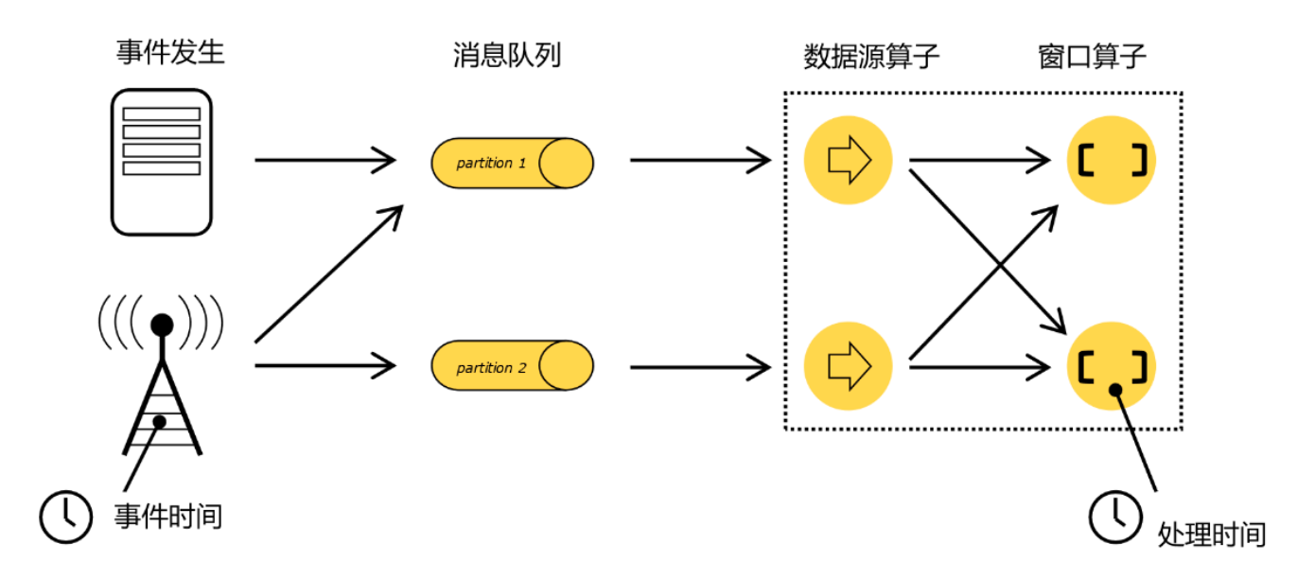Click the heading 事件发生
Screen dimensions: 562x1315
coord(171,53)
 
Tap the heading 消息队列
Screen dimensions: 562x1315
coord(507,55)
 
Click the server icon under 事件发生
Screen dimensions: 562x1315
coord(162,161)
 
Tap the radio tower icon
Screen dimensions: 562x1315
coord(163,378)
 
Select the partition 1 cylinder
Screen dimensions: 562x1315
coord(512,163)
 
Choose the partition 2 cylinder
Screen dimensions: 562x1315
coord(512,366)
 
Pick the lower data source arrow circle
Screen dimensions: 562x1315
coord(848,364)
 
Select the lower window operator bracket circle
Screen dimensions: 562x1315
coord(1112,365)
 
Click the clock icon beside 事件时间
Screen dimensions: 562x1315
coord(65,517)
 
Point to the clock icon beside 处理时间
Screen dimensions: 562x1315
coord(1116,517)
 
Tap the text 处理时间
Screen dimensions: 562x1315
coord(1212,534)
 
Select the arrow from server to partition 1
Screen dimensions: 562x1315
coord(325,160)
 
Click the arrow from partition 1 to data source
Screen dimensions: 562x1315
coord(700,160)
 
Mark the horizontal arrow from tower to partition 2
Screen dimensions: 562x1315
coord(325,363)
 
